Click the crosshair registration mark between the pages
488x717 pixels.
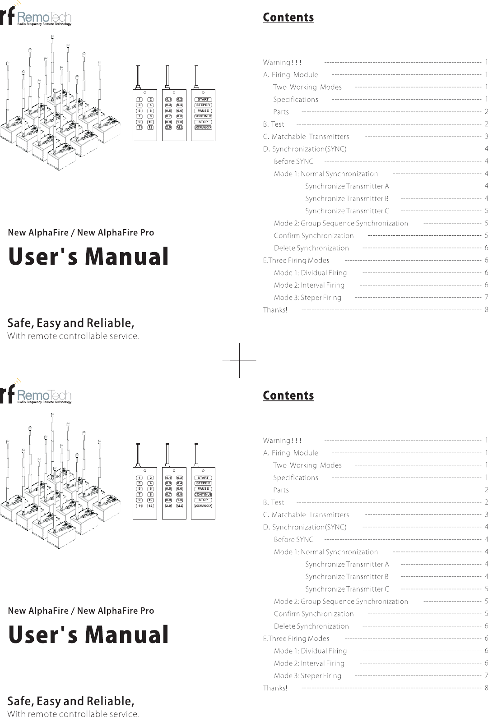239,360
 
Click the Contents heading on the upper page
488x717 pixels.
288,18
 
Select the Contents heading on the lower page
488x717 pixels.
288,395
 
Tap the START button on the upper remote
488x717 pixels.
203,100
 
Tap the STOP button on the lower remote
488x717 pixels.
203,500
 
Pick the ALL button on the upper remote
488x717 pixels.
180,128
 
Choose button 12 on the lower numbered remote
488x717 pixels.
150,506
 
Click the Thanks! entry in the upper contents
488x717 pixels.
275,310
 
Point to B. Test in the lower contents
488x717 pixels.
274,502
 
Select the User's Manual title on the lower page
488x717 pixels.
88,634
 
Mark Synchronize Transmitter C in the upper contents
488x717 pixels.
347,211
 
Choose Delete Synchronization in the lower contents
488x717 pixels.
311,626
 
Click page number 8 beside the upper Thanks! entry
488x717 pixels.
486,310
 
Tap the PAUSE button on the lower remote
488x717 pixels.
203,489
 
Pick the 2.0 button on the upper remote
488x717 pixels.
168,128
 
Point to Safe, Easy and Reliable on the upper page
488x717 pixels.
71,323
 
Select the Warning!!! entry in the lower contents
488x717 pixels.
282,441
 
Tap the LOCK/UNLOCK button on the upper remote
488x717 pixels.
203,128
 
